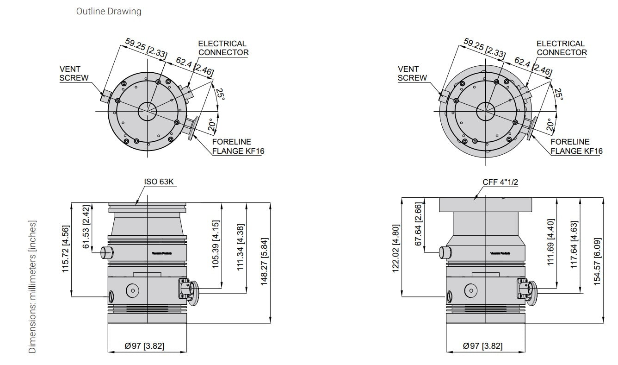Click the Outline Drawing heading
click(109, 11)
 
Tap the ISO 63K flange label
click(159, 182)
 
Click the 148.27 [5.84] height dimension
click(265, 262)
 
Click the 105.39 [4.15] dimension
click(215, 245)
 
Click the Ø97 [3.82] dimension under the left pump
click(144, 346)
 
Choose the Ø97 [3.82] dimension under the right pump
click(482, 346)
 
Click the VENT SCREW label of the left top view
click(74, 73)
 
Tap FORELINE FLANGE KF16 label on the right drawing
click(576, 146)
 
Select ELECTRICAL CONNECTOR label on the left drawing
click(223, 48)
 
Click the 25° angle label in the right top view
click(558, 94)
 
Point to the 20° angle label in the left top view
click(211, 125)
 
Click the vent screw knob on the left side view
click(107, 252)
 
